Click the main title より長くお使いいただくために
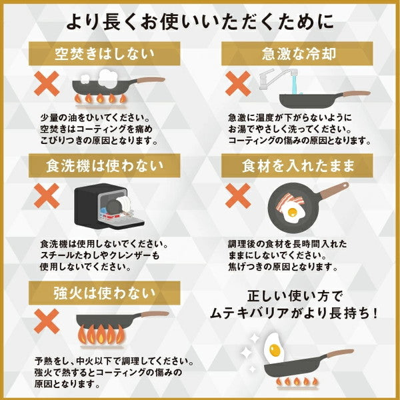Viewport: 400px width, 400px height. tap(200, 22)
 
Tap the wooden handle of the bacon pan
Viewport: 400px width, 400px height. tap(333, 191)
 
